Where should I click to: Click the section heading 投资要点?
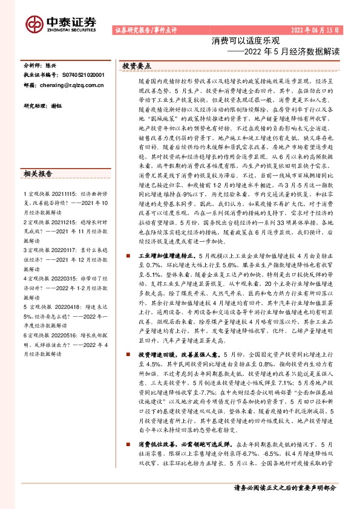(137, 65)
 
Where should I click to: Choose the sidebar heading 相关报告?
(39, 175)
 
